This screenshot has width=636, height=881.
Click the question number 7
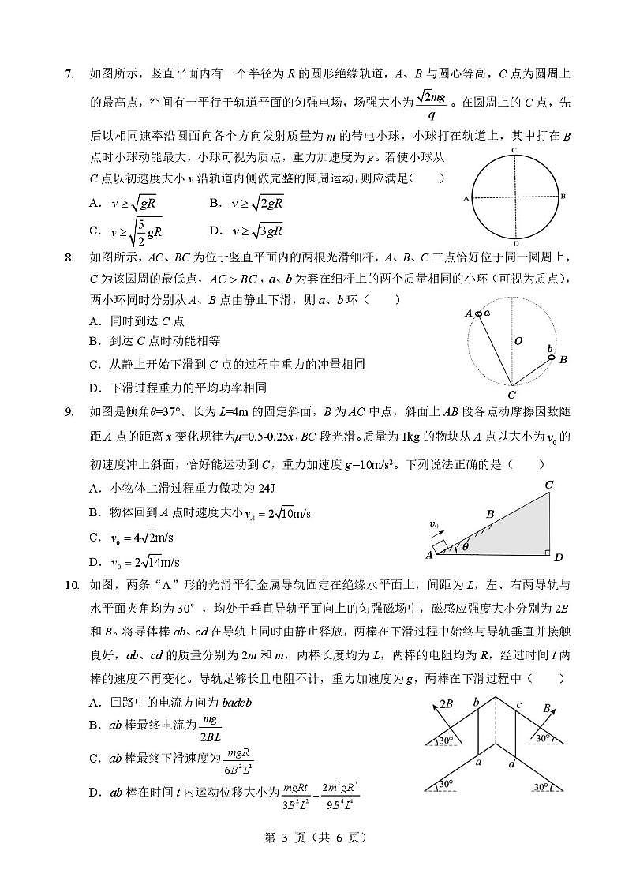click(x=69, y=75)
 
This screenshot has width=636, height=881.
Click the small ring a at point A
click(x=479, y=313)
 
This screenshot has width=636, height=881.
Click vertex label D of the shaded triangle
click(x=558, y=558)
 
